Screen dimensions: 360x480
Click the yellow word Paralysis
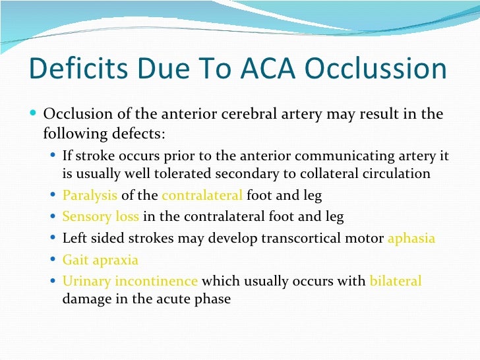[x=90, y=195]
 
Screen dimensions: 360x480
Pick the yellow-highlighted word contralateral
[x=202, y=195]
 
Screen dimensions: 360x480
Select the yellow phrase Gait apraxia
[x=100, y=260]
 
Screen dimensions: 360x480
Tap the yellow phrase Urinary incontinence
[x=130, y=282]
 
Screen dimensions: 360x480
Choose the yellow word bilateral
[x=395, y=282]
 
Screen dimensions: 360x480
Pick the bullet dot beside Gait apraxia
[x=53, y=260]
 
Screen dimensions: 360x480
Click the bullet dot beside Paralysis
[x=53, y=196]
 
